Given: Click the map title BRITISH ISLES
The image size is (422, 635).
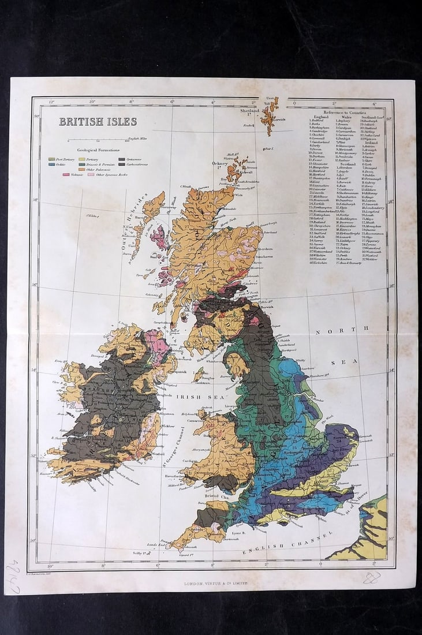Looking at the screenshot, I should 98,121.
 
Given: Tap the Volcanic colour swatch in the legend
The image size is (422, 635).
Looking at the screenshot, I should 66,174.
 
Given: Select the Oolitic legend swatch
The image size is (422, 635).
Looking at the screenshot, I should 52,164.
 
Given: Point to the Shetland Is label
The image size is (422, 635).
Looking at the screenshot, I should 250,111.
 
